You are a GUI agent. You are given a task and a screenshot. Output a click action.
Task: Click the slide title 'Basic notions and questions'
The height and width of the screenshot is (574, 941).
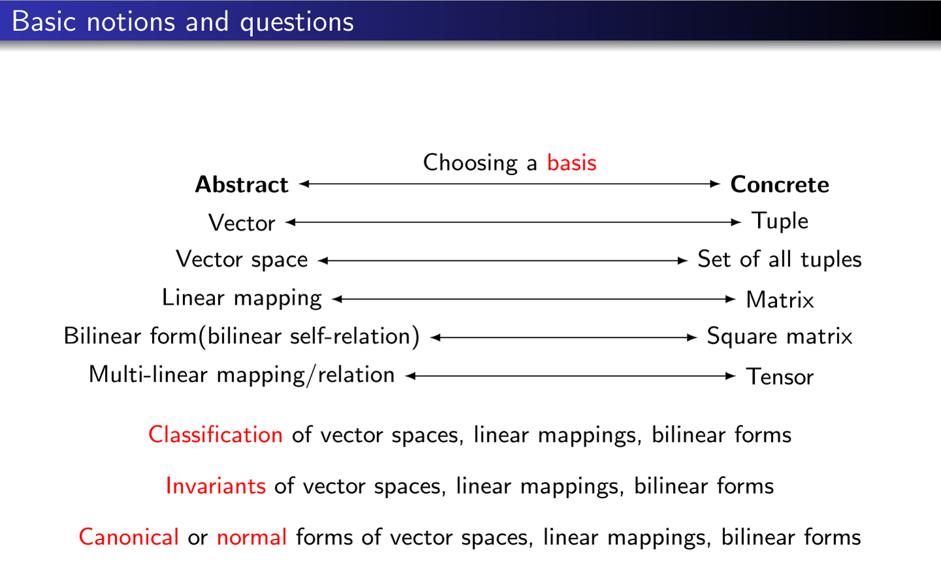point(183,22)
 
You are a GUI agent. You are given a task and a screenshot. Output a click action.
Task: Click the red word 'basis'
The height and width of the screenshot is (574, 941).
point(572,163)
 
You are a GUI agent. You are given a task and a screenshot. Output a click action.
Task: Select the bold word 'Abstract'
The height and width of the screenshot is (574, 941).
point(242,184)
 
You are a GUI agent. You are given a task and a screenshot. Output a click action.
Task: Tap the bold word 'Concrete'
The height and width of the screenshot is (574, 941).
point(780,184)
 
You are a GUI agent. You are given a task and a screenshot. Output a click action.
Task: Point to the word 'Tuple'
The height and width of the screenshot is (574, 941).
point(780,221)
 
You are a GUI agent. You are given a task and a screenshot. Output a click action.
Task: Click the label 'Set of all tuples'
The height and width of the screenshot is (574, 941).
point(780,259)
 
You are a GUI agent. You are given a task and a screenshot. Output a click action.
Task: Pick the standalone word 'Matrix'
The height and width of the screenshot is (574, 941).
point(780,299)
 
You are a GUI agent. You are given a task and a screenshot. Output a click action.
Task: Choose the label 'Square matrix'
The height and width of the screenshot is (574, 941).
point(780,336)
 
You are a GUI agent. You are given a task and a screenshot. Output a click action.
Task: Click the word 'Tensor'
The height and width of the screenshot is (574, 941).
point(780,377)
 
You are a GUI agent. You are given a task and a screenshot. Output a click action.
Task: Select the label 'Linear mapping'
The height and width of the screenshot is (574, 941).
point(242,298)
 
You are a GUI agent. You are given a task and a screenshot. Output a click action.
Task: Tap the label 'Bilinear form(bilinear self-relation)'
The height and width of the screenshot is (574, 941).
point(242,337)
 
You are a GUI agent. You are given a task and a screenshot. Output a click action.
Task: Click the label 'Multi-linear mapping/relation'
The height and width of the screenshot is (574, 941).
point(242,375)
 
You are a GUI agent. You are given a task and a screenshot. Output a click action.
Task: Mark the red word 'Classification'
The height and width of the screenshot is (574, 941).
point(216,435)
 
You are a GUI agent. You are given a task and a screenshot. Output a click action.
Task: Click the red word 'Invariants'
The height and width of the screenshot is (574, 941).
point(216,486)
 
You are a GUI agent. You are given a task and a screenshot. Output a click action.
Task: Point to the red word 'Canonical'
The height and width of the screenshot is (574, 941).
point(129,537)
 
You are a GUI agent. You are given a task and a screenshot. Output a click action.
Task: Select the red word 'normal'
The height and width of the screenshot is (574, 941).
point(252,537)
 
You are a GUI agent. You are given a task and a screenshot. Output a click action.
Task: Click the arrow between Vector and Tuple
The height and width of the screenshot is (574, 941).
point(513,222)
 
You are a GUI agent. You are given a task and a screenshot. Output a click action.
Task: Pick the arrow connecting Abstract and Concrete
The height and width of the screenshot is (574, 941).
point(510,184)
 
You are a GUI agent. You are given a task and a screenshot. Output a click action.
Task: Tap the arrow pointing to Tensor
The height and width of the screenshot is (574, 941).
point(570,376)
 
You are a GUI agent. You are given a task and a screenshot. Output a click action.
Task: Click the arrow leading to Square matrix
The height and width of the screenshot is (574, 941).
point(563,337)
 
